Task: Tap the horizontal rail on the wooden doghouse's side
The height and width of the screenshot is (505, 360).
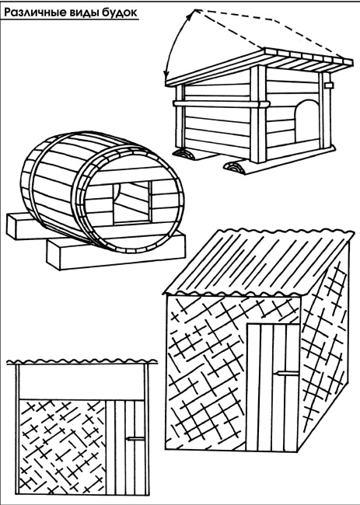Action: [x=221, y=104]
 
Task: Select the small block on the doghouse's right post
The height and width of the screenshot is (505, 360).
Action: [x=328, y=85]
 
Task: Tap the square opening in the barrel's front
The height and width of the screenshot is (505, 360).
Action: [x=132, y=202]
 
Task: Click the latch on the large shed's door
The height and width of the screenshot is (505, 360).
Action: [x=285, y=373]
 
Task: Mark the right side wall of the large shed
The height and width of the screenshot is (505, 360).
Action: [x=324, y=345]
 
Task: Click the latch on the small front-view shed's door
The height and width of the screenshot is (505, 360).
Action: [x=135, y=438]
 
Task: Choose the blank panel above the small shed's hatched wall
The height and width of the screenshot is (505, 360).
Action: [x=82, y=382]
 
